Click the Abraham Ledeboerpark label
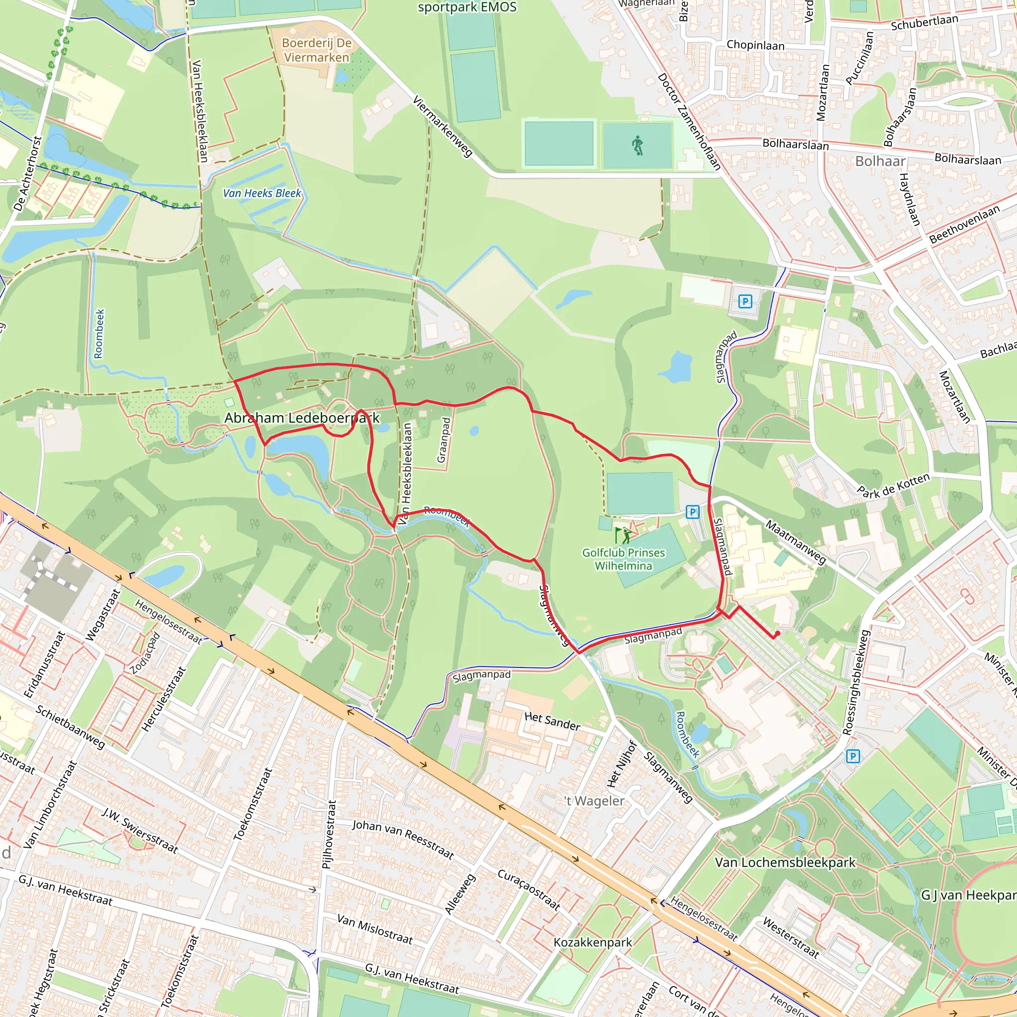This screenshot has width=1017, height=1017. click(x=301, y=418)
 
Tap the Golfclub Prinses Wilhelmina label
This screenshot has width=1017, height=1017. click(x=623, y=559)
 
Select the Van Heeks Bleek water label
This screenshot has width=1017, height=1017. click(x=262, y=193)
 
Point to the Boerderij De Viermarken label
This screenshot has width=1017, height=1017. click(x=316, y=50)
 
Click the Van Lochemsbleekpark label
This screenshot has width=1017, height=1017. click(x=785, y=862)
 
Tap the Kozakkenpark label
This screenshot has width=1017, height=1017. click(x=592, y=942)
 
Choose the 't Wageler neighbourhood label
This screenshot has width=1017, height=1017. click(x=594, y=801)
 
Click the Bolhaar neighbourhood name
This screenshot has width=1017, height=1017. click(x=880, y=161)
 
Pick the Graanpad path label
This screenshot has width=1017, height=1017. click(x=444, y=440)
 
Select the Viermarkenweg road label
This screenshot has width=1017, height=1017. click(x=442, y=126)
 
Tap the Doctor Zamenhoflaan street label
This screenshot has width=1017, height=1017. click(x=689, y=122)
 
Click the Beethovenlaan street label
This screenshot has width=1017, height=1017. click(x=964, y=224)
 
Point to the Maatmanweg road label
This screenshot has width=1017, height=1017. click(x=796, y=542)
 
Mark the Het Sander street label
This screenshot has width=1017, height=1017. click(x=552, y=721)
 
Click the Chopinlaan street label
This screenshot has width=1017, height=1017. click(x=755, y=45)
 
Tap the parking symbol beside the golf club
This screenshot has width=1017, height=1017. click(x=693, y=511)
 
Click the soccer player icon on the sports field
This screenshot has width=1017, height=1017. click(x=638, y=146)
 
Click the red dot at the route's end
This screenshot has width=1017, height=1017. click(x=777, y=634)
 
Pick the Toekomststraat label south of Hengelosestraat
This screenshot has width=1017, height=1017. click(x=253, y=804)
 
